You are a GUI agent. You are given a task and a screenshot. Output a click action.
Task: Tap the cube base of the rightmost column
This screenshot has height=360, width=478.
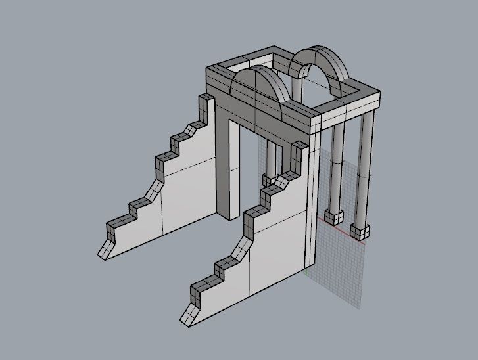(x=360, y=231)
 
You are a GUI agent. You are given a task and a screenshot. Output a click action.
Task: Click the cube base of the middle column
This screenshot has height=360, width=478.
(x=335, y=216)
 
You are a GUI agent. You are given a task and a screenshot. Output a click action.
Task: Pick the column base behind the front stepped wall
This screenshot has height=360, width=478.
(x=270, y=179)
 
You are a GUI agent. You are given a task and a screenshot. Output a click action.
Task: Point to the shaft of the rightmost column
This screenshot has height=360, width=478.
(x=366, y=171)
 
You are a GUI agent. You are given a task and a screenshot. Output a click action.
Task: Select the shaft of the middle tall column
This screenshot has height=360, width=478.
(x=338, y=164)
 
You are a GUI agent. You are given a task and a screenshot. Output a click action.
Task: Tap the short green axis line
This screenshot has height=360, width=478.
(x=306, y=270)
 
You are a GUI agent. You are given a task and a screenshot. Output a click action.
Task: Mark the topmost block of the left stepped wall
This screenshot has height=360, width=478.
(x=206, y=102)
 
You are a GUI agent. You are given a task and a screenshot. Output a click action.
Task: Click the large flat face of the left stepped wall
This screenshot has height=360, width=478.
(x=184, y=191)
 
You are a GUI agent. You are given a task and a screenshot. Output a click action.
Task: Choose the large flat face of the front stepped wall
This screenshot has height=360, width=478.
(x=276, y=250)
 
